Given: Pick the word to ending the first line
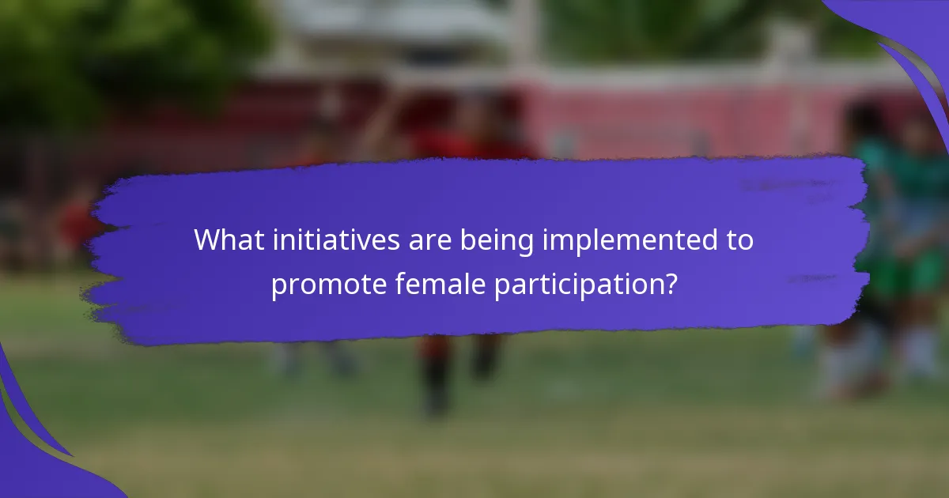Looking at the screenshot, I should coord(738,240).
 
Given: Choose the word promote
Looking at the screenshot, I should coord(329,285).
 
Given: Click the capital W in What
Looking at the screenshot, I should coord(208,240).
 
